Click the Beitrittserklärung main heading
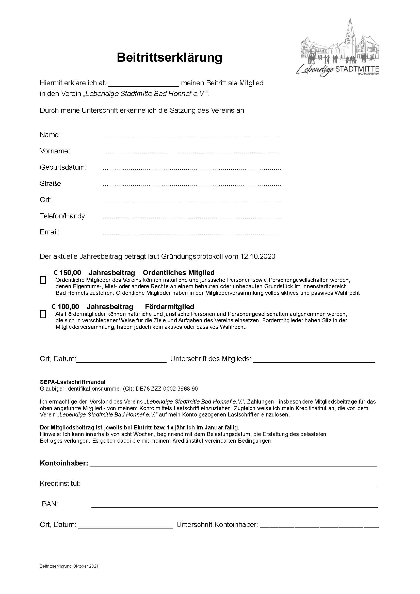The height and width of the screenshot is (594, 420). (169, 57)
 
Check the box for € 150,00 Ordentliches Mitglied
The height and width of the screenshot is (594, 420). (43, 280)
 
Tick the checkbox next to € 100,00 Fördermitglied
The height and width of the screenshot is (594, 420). (43, 314)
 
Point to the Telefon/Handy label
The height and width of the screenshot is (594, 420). (63, 216)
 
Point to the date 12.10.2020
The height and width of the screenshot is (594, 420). (257, 256)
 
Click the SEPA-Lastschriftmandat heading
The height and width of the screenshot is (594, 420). (73, 382)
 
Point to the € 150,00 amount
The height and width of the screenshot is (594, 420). (67, 273)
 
